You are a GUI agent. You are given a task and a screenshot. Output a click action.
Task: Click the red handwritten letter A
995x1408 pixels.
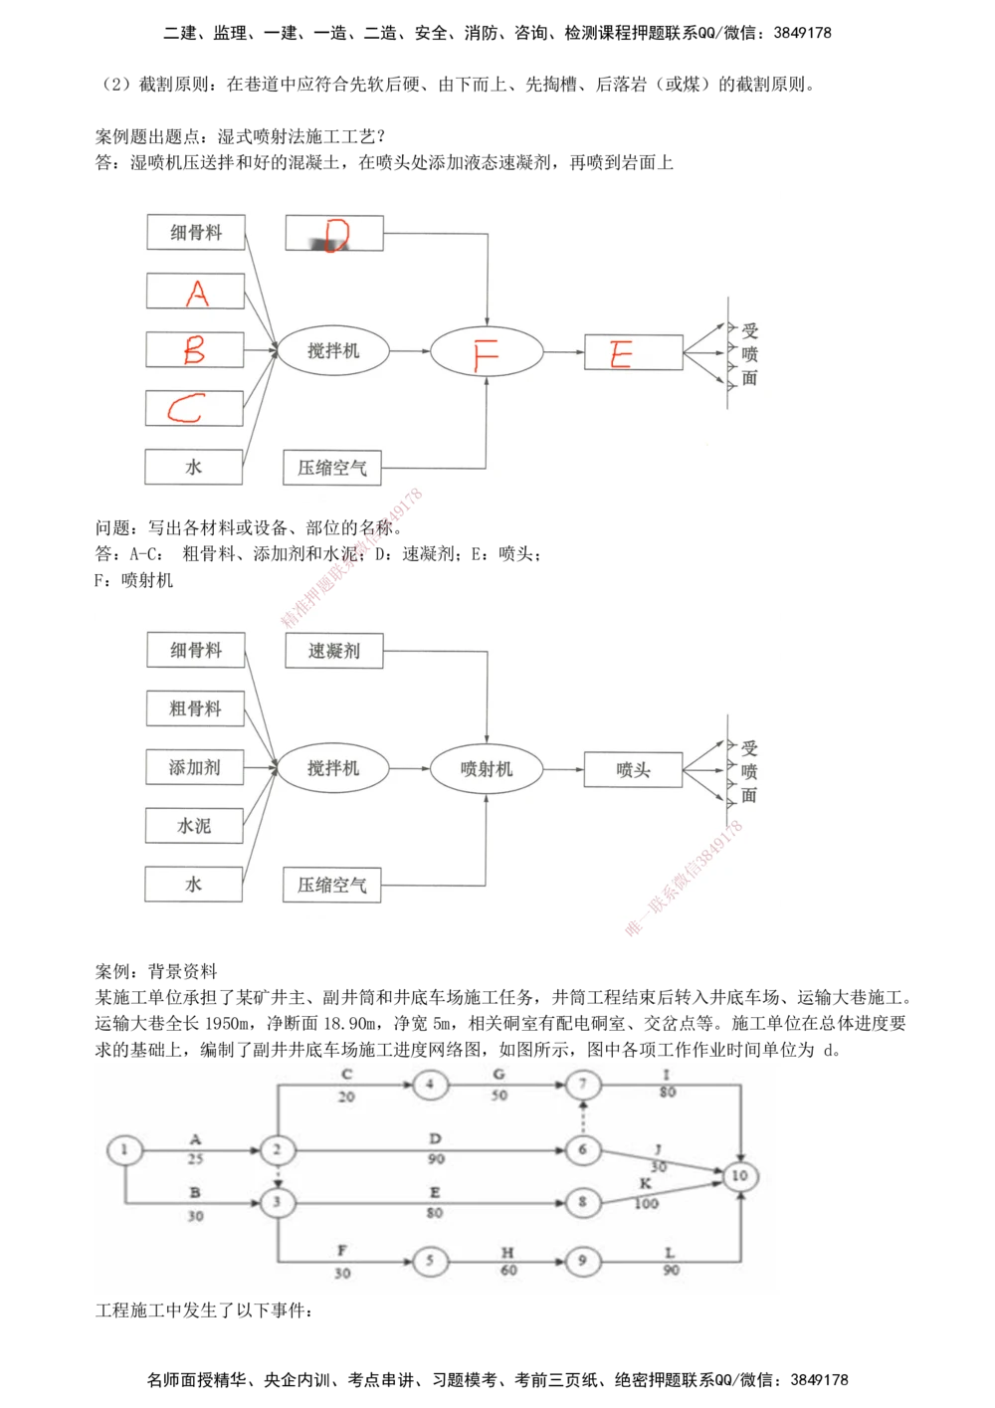(197, 293)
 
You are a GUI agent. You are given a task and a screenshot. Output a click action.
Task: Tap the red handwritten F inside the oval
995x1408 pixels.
(486, 353)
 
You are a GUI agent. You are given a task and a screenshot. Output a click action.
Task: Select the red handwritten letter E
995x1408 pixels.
(622, 354)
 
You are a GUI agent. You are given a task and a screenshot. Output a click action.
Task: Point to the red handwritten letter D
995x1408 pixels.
(336, 235)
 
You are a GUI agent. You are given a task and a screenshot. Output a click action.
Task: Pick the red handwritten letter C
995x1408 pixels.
(186, 408)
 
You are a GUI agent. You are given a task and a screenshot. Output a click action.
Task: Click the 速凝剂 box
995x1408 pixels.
(334, 651)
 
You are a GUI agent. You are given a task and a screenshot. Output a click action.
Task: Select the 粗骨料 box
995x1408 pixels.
(195, 708)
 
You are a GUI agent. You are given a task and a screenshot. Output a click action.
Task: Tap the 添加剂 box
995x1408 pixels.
(195, 767)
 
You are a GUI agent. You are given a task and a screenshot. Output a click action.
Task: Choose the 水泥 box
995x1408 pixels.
(194, 826)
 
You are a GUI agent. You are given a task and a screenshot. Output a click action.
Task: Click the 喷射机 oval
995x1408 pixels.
(487, 769)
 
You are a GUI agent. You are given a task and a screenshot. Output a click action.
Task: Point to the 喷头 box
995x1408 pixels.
(633, 769)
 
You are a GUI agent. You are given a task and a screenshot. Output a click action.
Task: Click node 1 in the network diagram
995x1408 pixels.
(124, 1150)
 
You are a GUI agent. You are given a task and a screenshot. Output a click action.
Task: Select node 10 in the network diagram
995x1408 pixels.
(739, 1176)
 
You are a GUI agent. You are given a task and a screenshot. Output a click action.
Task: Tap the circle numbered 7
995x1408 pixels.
(583, 1085)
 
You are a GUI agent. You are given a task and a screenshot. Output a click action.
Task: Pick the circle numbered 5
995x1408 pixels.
(430, 1261)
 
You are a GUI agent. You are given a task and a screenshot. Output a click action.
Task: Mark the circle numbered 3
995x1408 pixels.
(278, 1202)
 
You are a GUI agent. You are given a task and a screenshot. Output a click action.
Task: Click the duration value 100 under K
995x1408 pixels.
(646, 1203)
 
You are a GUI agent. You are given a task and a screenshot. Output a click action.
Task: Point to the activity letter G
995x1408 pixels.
(499, 1075)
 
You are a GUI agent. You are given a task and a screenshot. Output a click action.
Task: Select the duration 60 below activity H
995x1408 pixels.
(508, 1271)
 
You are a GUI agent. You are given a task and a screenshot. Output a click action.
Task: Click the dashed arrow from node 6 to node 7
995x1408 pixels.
(583, 1117)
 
